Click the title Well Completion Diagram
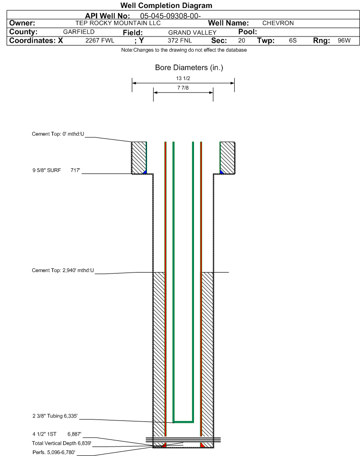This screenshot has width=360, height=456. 166,6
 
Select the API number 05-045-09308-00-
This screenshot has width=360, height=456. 170,16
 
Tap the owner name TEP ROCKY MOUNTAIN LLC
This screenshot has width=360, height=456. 118,23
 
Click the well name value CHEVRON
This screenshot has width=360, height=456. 278,23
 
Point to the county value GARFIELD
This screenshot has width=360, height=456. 79,32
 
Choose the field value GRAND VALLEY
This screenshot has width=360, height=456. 193,33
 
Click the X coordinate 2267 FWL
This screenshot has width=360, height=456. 100,40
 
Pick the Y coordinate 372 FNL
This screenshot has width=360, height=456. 180,40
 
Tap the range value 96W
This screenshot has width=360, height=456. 344,40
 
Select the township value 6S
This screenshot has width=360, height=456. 293,40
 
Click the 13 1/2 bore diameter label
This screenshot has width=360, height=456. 183,78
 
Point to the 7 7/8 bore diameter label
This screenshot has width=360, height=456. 183,88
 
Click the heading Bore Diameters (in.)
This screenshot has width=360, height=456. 189,68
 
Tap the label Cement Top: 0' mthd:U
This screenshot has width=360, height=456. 58,134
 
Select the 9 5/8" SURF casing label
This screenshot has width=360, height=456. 46,171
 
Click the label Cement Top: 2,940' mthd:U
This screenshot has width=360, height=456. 63,271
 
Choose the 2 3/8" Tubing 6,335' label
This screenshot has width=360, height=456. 55,416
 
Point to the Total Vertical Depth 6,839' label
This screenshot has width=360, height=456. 62,444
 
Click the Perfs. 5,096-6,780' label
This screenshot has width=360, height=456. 54,453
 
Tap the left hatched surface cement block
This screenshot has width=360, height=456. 138,158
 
